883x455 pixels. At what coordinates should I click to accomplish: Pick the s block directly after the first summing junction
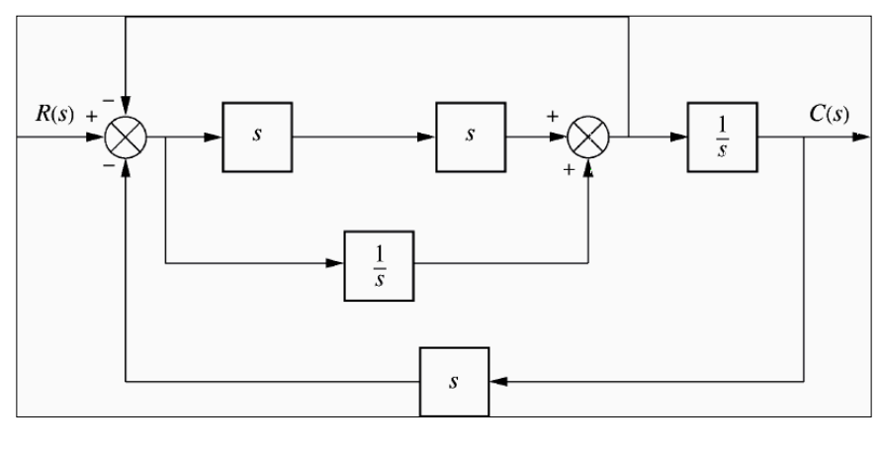257,136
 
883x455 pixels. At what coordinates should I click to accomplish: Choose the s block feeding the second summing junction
470,136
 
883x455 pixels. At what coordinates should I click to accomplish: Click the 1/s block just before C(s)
722,136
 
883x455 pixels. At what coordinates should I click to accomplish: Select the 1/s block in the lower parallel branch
379,264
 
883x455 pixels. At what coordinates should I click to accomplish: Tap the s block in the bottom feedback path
453,381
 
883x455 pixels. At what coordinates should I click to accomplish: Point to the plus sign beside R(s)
91,116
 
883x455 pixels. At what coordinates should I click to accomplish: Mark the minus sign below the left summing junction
108,167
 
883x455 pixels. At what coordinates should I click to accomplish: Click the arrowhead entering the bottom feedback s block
496,381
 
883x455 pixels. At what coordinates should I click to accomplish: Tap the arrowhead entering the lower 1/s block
336,264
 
